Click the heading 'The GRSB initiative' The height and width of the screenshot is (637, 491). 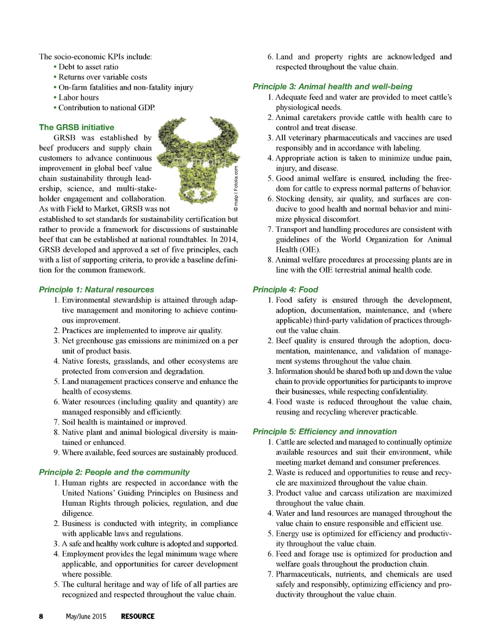click(77, 127)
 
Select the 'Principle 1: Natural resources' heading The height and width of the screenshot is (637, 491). click(96, 290)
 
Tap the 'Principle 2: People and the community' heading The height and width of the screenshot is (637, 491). click(114, 472)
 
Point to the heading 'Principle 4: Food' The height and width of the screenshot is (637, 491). click(285, 290)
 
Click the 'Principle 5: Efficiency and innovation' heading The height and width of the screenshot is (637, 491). click(325, 431)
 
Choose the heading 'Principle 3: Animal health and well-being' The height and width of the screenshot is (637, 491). click(332, 87)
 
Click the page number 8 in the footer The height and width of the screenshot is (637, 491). click(41, 616)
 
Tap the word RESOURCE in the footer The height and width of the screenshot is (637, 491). click(138, 616)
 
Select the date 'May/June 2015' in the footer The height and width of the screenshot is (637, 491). click(86, 616)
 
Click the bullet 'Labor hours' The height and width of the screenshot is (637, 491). click(79, 97)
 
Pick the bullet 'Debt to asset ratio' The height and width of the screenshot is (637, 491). click(88, 67)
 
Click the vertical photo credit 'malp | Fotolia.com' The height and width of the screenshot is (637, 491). click(236, 189)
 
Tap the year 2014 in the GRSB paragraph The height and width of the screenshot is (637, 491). click(229, 240)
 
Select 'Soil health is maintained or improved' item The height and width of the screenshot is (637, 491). click(124, 422)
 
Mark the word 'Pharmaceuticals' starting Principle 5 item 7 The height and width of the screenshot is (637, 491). click(303, 574)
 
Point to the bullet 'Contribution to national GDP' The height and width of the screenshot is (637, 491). click(106, 108)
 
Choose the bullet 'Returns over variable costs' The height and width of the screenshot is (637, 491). click(103, 77)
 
